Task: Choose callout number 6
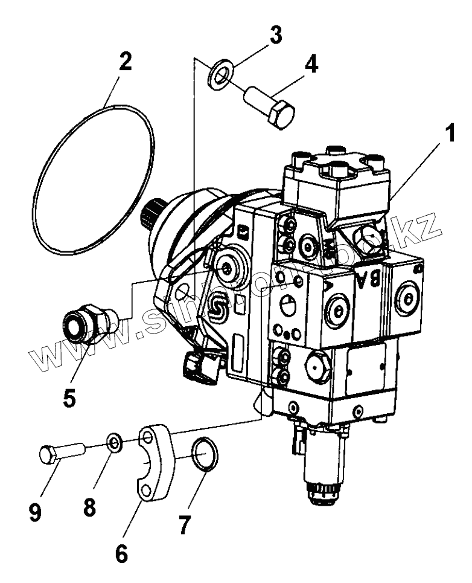(x=122, y=552)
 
